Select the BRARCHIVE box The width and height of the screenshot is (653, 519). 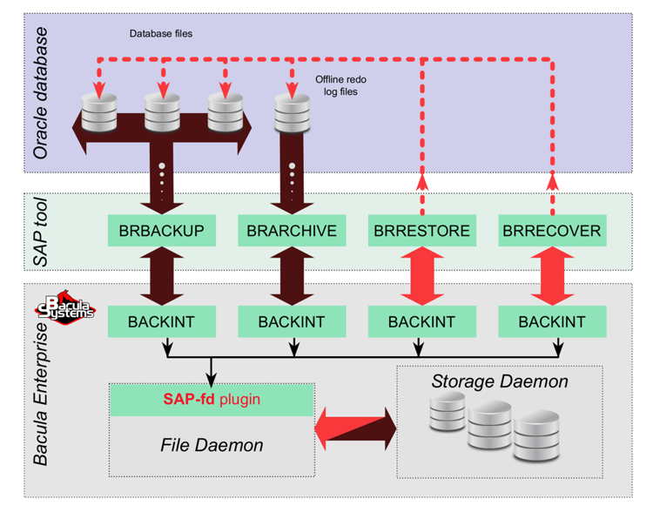[x=291, y=232]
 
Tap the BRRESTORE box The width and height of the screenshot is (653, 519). [x=421, y=232]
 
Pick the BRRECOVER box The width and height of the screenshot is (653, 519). [x=552, y=232]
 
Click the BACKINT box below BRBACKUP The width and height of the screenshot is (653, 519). [x=161, y=321]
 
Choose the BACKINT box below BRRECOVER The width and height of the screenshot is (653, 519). [x=552, y=321]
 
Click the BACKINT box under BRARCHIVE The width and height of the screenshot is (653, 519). [x=291, y=321]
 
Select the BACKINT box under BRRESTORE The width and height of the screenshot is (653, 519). [x=421, y=321]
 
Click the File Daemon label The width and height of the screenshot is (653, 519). [x=212, y=445]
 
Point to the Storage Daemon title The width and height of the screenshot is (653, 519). [x=500, y=381]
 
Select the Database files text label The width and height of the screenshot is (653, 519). [x=161, y=34]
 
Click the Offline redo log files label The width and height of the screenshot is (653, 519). [x=336, y=85]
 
